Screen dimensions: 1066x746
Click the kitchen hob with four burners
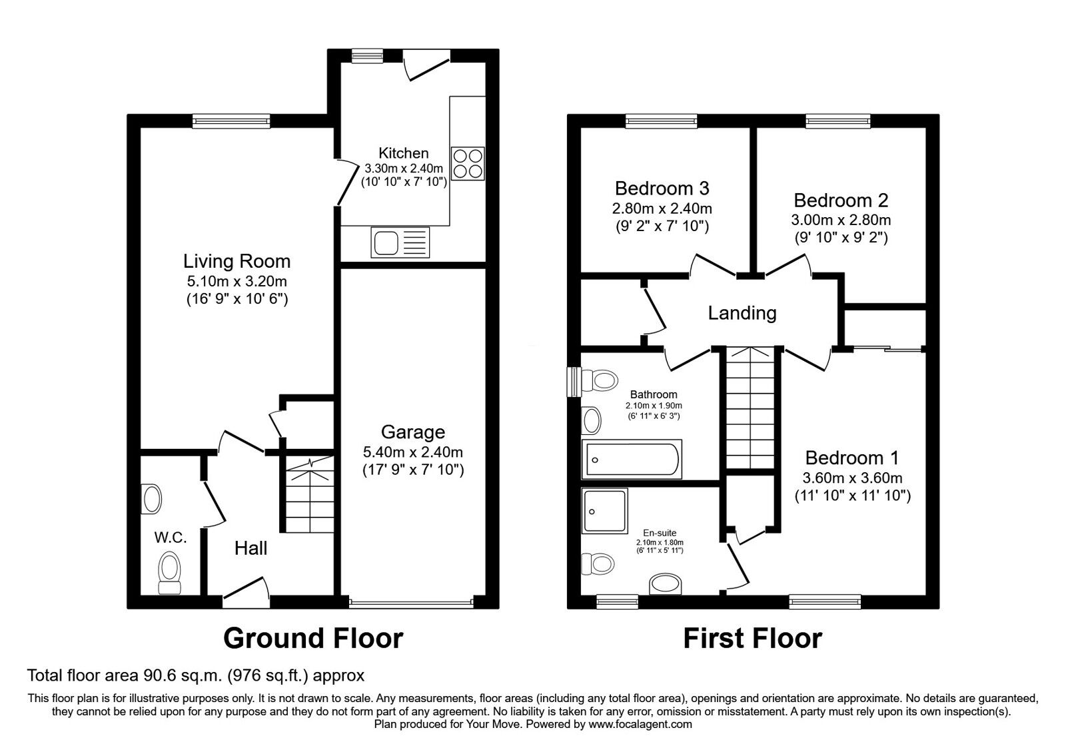click(x=468, y=163)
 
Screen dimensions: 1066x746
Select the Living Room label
click(x=237, y=261)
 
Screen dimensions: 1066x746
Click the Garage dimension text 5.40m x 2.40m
click(x=412, y=452)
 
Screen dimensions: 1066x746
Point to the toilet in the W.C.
click(x=169, y=572)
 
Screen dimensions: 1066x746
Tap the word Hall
click(x=251, y=548)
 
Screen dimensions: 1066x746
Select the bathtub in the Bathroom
click(x=632, y=459)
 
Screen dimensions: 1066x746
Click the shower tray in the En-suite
click(x=604, y=510)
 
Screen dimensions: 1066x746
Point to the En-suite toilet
click(x=598, y=563)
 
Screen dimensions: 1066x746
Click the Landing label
click(x=742, y=313)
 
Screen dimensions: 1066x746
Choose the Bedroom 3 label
click(x=662, y=188)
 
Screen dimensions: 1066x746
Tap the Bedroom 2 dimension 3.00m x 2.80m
click(x=841, y=220)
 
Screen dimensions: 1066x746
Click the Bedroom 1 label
click(x=852, y=458)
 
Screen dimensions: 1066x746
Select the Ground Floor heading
click(x=313, y=638)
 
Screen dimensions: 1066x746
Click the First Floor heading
click(x=752, y=638)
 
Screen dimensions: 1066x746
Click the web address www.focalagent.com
click(x=640, y=724)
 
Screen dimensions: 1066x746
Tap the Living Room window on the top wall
click(x=231, y=121)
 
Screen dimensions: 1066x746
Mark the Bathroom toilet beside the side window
click(x=600, y=380)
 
